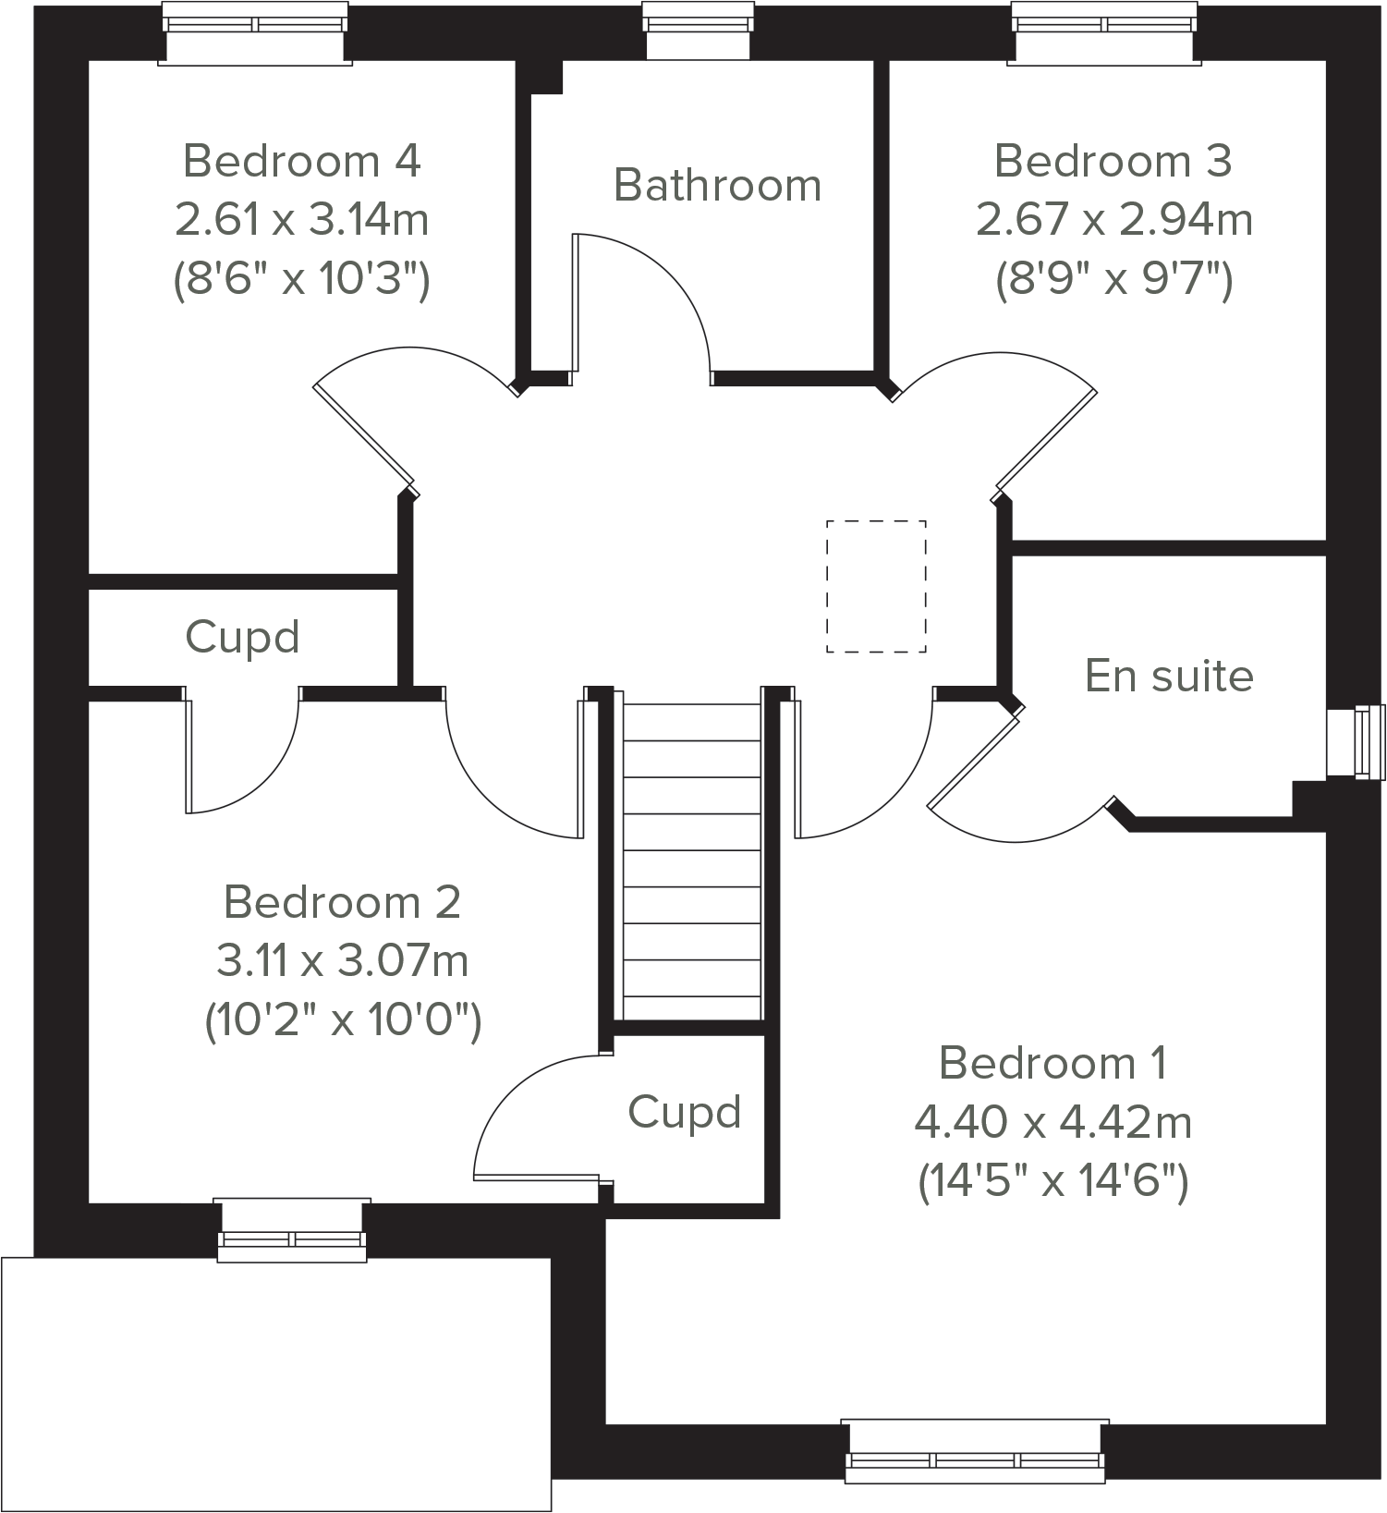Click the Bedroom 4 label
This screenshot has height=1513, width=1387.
point(302,161)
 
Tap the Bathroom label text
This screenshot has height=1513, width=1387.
point(717,185)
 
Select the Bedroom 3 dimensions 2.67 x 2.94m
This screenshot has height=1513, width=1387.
point(1113,220)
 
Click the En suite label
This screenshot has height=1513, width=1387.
point(1169,676)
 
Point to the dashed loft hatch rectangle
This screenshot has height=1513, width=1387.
point(876,586)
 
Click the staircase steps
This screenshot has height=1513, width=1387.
point(692,860)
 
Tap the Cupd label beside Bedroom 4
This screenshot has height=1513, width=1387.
point(242,637)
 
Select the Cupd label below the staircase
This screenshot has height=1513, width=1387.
point(684,1112)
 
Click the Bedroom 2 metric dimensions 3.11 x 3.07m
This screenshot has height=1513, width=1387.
point(342,961)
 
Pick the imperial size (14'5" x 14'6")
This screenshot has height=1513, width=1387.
point(1052,1181)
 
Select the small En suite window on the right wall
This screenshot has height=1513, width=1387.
point(1357,741)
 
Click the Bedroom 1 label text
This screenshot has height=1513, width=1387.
point(1052,1063)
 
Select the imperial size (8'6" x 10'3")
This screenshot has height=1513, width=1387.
point(302,278)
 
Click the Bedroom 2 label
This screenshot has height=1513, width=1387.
point(342,902)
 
